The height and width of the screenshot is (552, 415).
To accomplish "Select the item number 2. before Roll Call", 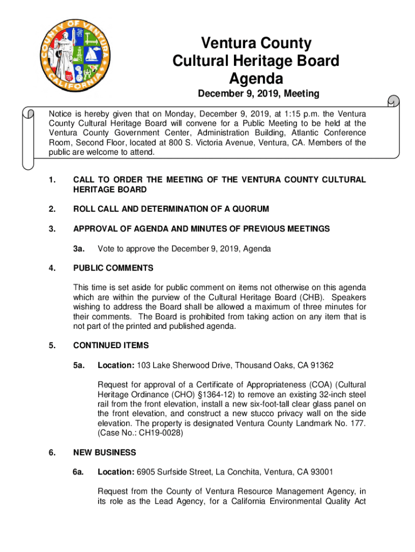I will click(52, 209).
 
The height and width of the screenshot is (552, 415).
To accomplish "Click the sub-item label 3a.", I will click(79, 249).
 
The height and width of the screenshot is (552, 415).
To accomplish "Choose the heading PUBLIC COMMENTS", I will click(113, 268).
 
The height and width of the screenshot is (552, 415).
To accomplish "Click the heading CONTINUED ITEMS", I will click(111, 345).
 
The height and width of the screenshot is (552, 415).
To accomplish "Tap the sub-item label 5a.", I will click(79, 365).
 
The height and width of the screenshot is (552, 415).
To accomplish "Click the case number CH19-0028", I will click(160, 433).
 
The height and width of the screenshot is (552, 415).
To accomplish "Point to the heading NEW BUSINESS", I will click(105, 452).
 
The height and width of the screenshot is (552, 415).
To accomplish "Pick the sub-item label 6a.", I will click(79, 472).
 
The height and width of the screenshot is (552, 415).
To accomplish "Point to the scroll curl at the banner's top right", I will click(393, 102).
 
